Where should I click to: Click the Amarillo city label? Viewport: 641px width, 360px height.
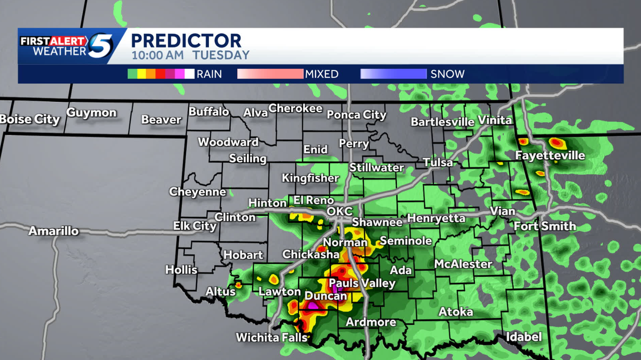pyautogui.click(x=53, y=231)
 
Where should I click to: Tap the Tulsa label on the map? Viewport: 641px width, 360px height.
pyautogui.click(x=437, y=162)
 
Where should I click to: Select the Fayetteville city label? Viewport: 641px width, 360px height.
pyautogui.click(x=550, y=156)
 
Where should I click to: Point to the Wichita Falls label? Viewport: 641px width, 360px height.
pyautogui.click(x=272, y=338)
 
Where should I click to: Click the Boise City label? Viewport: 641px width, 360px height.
pyautogui.click(x=30, y=119)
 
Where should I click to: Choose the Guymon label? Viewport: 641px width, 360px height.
pyautogui.click(x=91, y=113)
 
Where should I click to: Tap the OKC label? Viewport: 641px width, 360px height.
pyautogui.click(x=340, y=212)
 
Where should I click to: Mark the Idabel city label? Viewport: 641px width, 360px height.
pyautogui.click(x=524, y=337)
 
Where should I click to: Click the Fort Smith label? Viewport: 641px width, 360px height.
pyautogui.click(x=545, y=226)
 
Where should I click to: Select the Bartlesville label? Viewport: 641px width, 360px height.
pyautogui.click(x=442, y=122)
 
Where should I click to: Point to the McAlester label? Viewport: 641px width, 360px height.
pyautogui.click(x=463, y=264)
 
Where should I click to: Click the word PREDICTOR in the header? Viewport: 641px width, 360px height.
pyautogui.click(x=186, y=41)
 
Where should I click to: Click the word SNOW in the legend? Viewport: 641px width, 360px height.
pyautogui.click(x=448, y=74)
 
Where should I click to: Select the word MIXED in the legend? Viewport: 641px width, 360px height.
pyautogui.click(x=322, y=74)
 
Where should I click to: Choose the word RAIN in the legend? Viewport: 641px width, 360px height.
pyautogui.click(x=209, y=74)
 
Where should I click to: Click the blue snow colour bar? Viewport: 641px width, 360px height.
pyautogui.click(x=394, y=74)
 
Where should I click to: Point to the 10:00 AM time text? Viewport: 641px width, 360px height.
pyautogui.click(x=158, y=54)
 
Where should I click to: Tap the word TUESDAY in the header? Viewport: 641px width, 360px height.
pyautogui.click(x=221, y=54)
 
